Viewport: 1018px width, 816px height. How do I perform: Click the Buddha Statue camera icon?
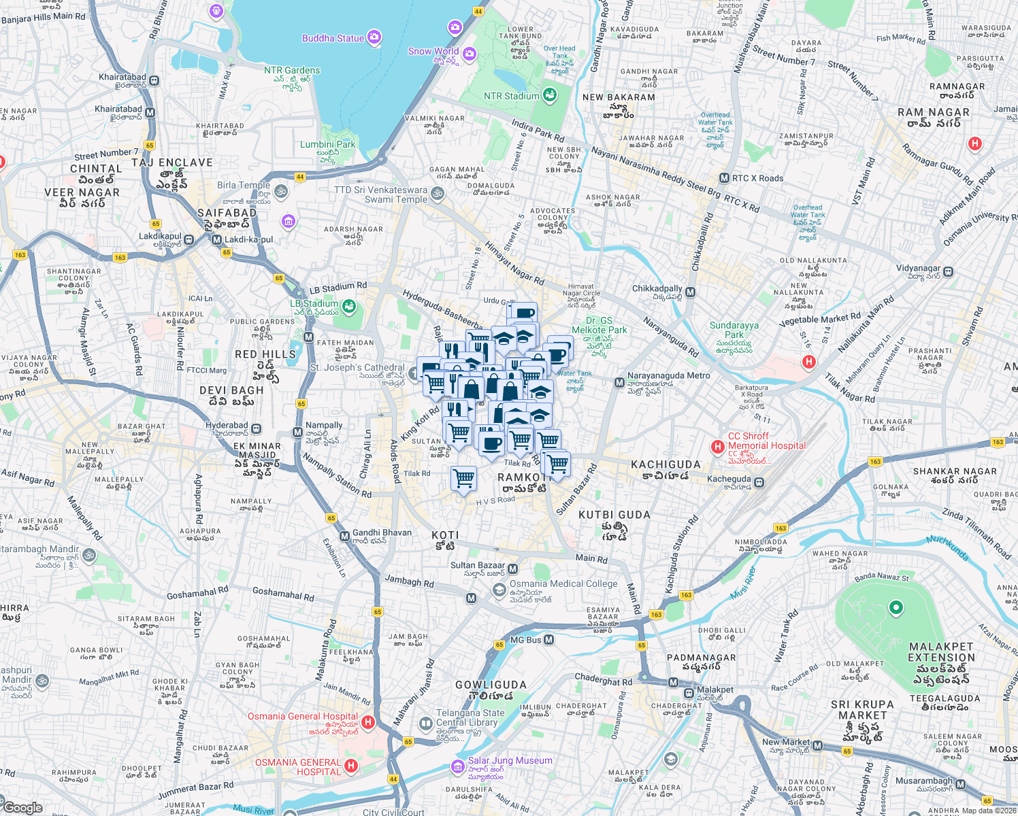[374, 37]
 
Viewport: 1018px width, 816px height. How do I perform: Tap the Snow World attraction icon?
[470, 53]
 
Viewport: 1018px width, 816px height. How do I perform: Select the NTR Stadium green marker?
[549, 95]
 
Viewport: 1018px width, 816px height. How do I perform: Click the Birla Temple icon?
[281, 192]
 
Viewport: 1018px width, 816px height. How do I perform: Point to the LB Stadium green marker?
[349, 307]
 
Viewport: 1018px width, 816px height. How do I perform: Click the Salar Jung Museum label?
[510, 761]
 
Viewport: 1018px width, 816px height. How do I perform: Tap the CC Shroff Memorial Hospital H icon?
[717, 447]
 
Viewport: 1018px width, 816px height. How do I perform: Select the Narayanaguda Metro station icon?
[619, 383]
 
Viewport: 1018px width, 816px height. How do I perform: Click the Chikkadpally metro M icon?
[691, 292]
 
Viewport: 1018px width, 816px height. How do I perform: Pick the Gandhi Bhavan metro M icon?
[344, 537]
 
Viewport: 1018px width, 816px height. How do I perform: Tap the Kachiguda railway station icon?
[759, 482]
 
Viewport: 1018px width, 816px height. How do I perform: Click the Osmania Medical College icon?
[499, 589]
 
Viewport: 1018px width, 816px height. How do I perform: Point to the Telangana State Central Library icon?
[426, 722]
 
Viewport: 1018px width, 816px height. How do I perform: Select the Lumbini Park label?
[328, 144]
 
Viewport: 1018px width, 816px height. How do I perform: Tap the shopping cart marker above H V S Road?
[464, 479]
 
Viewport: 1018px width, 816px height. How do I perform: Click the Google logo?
[22, 807]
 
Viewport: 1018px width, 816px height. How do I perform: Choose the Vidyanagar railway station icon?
[949, 271]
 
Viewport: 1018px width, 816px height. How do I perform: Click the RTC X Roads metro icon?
[724, 178]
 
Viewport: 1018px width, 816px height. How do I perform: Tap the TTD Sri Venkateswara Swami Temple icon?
[438, 194]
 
